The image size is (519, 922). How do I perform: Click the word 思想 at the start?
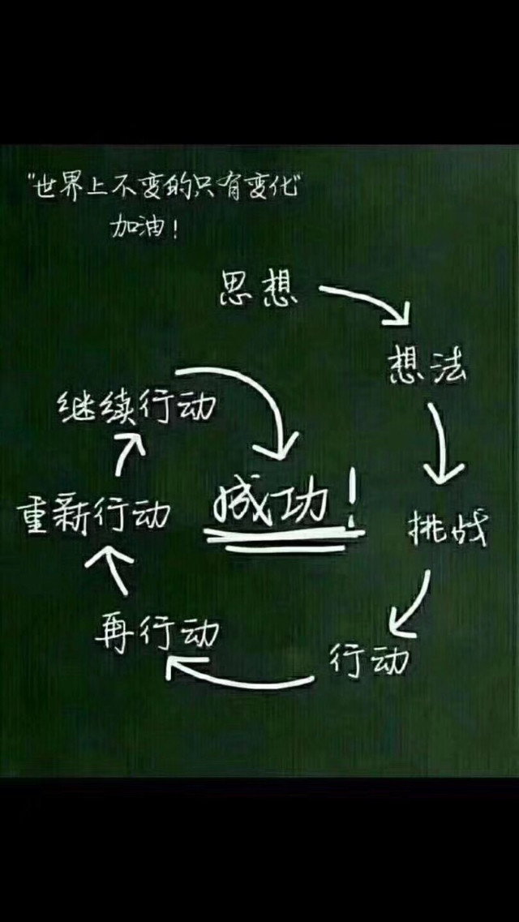coord(259,289)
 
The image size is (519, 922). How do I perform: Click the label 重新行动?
coord(94,514)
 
